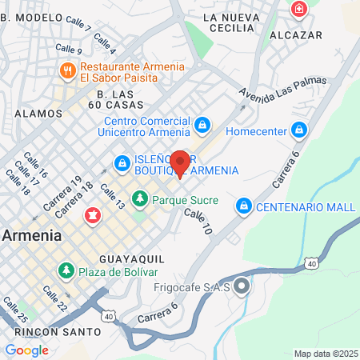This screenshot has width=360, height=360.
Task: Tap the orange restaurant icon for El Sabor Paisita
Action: point(67,72)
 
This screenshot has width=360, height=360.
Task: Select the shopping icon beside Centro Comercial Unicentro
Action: point(203,126)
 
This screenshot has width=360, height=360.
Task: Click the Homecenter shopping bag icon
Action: point(298,128)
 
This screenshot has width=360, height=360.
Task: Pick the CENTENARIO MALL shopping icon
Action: point(242,206)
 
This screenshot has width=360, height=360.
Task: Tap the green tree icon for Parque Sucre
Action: point(140,197)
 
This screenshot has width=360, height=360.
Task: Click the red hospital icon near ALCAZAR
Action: point(298,9)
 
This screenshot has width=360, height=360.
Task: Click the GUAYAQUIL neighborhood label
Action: point(132,260)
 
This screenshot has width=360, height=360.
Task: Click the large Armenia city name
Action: point(32,235)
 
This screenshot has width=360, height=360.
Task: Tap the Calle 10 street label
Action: point(198,222)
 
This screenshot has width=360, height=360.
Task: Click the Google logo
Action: point(26,350)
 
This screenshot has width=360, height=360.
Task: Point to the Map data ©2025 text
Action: point(324,354)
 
